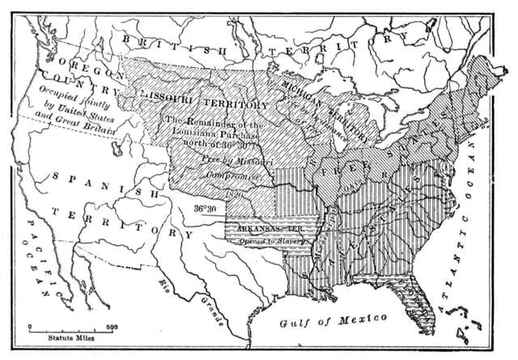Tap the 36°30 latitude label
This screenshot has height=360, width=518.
[207, 209]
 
